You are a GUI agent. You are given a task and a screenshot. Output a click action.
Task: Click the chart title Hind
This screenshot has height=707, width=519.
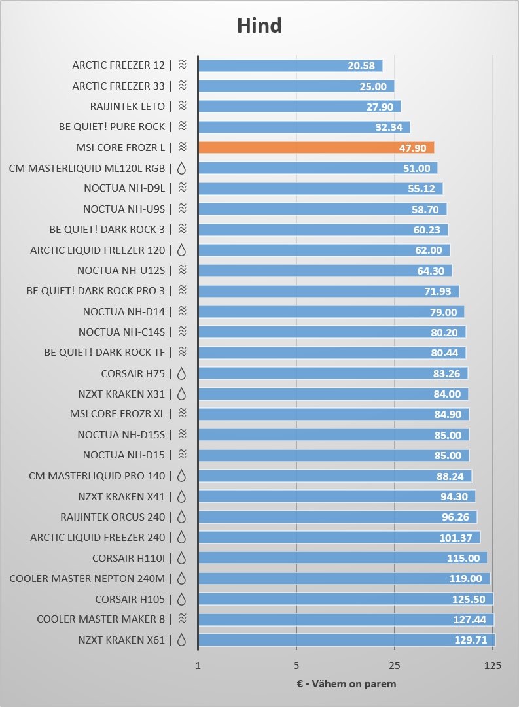(x=259, y=26)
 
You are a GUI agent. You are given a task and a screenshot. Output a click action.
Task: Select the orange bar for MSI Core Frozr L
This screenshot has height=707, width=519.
(x=315, y=148)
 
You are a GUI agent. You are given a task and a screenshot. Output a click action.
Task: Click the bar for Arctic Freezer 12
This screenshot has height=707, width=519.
(x=290, y=65)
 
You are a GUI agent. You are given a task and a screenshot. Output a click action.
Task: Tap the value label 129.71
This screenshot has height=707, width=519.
(x=471, y=640)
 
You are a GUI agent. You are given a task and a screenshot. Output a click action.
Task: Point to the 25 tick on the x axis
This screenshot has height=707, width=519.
(x=395, y=666)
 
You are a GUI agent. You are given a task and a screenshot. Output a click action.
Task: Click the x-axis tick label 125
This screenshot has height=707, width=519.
(x=493, y=666)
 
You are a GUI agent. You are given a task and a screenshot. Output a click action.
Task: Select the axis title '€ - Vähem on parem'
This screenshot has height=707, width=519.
(x=345, y=684)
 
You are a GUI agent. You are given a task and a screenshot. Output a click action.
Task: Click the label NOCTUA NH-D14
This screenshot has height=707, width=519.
(x=124, y=311)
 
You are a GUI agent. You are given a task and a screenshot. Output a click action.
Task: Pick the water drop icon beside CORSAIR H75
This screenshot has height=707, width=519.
(x=182, y=373)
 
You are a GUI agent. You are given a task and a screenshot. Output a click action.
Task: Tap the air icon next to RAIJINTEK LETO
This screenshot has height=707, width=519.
(x=183, y=106)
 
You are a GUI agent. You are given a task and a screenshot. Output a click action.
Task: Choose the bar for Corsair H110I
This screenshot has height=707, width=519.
(x=342, y=558)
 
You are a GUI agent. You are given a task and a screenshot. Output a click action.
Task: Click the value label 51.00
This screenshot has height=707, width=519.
(x=416, y=168)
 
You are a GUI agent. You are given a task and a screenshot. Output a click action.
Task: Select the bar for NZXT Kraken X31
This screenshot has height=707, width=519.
(x=332, y=394)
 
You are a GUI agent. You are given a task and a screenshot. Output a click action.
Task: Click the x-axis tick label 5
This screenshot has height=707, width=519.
(x=296, y=666)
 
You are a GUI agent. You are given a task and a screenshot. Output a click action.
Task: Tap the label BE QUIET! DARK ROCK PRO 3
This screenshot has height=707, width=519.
(x=96, y=290)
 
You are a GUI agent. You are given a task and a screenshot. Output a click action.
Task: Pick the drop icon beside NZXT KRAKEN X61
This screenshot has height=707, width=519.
(x=182, y=640)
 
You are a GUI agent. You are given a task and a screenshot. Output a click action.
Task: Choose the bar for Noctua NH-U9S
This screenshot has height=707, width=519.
(x=322, y=209)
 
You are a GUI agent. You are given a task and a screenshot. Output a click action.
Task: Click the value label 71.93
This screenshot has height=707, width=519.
(x=438, y=291)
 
